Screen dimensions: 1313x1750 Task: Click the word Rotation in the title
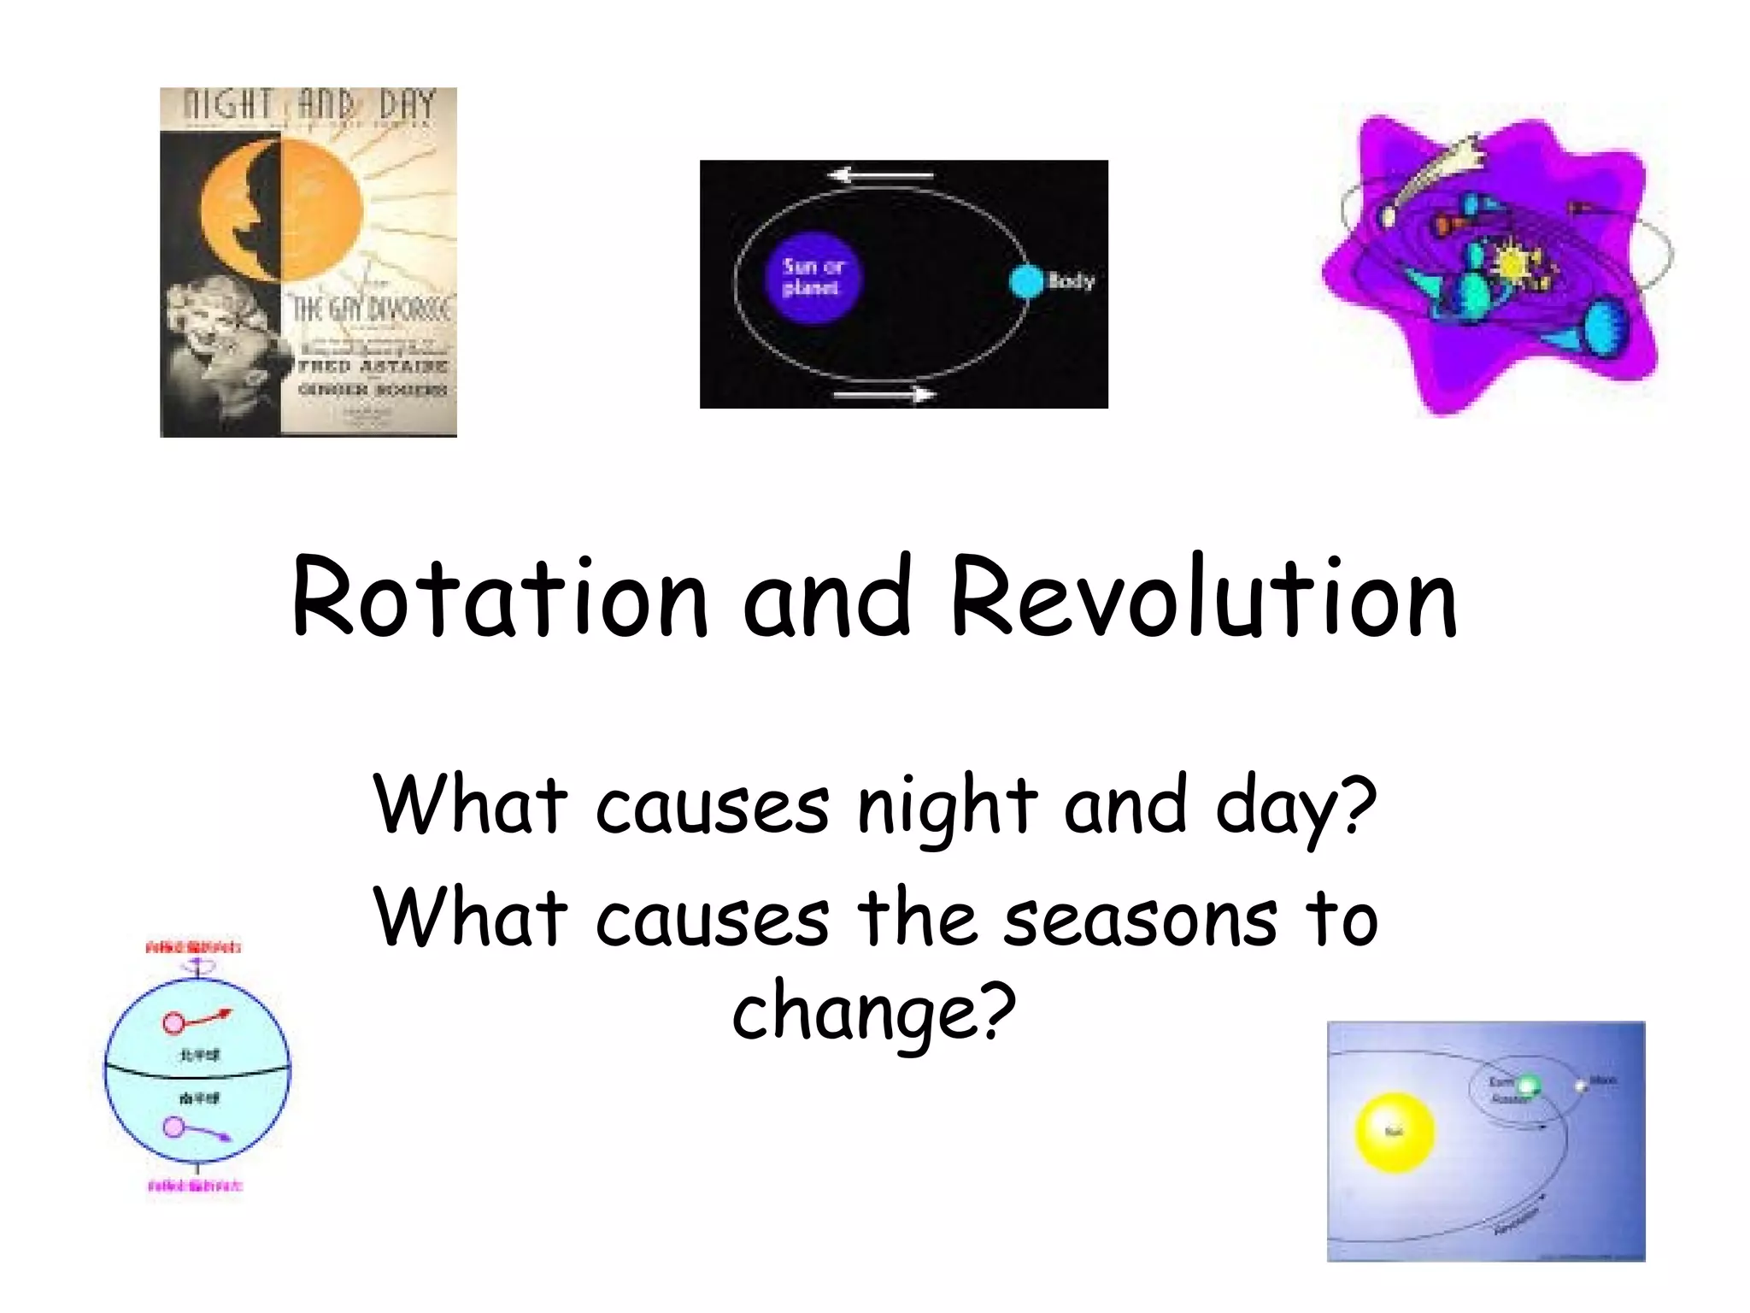[500, 598]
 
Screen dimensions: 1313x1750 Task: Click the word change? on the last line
[874, 1013]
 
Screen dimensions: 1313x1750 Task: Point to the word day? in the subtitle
[1295, 808]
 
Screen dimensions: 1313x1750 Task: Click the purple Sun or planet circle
[811, 278]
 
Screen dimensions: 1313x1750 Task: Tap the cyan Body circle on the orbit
[1026, 281]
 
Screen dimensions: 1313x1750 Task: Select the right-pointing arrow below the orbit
[884, 394]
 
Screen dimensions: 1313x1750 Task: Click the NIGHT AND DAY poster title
[309, 106]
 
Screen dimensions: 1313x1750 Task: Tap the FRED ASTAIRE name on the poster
[373, 366]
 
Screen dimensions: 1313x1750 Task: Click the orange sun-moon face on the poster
[282, 209]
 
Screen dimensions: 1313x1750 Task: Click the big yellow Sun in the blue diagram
[1395, 1132]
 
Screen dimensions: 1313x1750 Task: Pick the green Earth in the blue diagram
[1528, 1086]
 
